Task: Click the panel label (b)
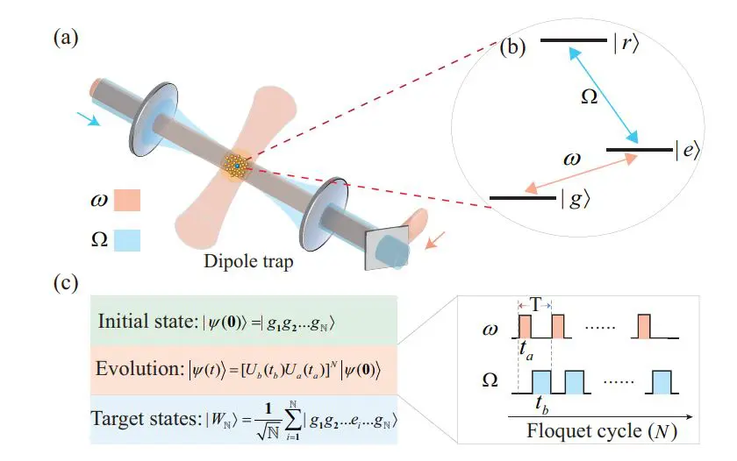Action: (512, 47)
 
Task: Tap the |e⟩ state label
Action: (686, 151)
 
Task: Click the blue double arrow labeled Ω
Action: (604, 94)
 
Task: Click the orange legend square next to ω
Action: (126, 202)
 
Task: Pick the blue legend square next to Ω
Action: (126, 238)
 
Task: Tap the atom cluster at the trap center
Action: (237, 164)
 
